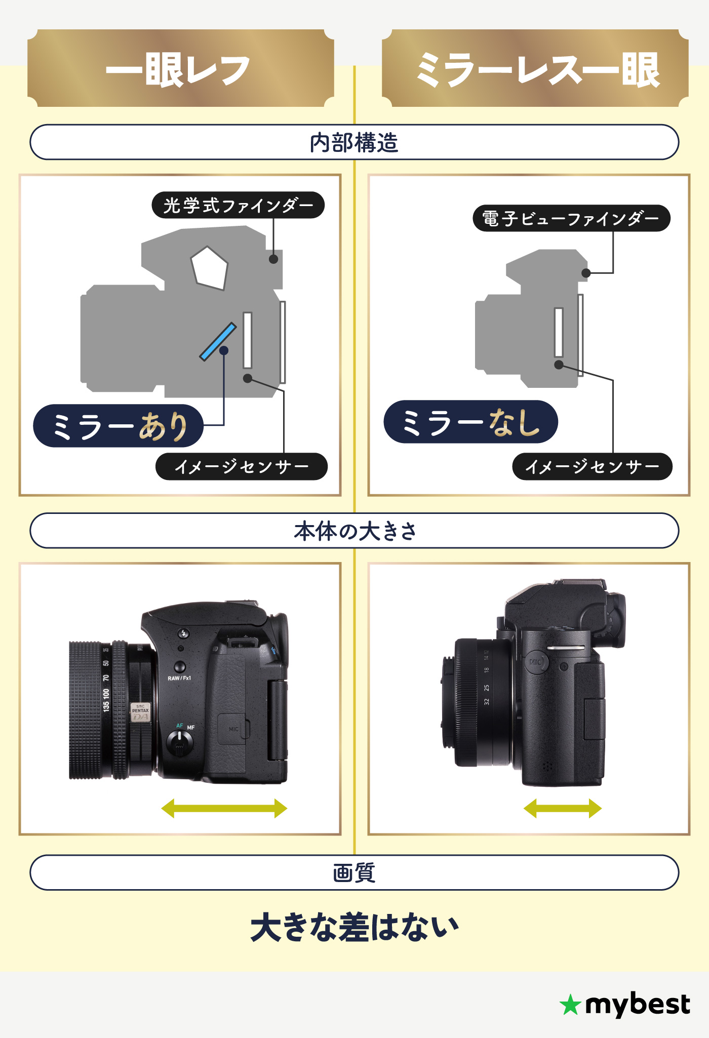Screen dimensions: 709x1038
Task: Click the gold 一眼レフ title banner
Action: coord(181,68)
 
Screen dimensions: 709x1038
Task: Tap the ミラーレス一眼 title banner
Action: coord(535,68)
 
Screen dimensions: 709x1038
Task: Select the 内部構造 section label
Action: coord(354,142)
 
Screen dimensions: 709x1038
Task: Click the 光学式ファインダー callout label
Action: coord(238,205)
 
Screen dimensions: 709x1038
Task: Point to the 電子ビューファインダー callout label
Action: coord(571,218)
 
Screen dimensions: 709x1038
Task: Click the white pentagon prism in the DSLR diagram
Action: coord(209,268)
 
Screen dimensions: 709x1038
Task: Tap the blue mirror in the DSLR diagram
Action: coord(218,342)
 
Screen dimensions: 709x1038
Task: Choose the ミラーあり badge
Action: coord(119,426)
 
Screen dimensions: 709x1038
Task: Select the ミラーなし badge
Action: coord(471,422)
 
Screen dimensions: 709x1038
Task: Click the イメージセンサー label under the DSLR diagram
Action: coord(242,466)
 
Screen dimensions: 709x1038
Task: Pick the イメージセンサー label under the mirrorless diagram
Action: coord(593,466)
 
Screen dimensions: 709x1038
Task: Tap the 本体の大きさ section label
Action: coord(354,531)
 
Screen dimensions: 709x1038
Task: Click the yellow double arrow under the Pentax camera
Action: coord(224,808)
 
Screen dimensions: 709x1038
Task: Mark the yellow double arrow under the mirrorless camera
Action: coord(562,808)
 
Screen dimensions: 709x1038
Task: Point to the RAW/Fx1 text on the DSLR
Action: coord(179,678)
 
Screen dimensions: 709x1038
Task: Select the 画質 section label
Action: coord(354,872)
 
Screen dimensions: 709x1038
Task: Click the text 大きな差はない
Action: coord(354,928)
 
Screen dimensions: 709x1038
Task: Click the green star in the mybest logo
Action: coord(570,1005)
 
